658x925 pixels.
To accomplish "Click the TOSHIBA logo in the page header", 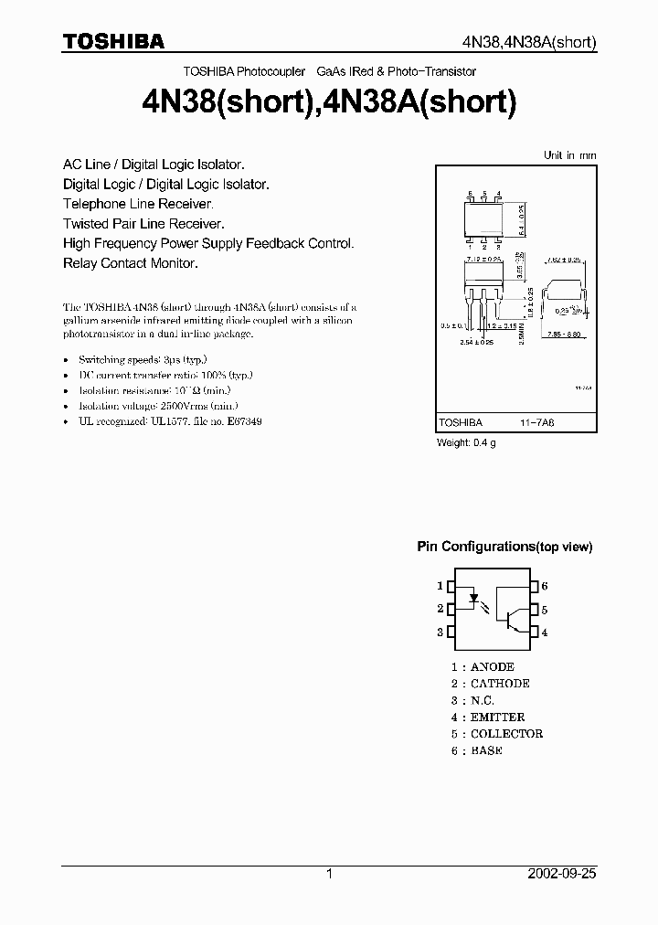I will [113, 41].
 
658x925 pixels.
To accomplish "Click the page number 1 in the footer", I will [329, 874].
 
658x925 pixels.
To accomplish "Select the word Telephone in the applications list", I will [95, 204].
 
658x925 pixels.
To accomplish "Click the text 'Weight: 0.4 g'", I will [466, 443].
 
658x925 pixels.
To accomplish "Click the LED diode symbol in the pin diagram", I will [475, 600].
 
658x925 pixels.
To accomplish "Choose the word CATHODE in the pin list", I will [500, 684].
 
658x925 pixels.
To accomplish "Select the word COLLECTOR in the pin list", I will [506, 734].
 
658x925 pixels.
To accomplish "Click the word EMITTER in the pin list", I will [497, 718].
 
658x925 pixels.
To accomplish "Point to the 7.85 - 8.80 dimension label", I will [563, 334].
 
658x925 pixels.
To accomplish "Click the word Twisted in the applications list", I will [87, 224].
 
